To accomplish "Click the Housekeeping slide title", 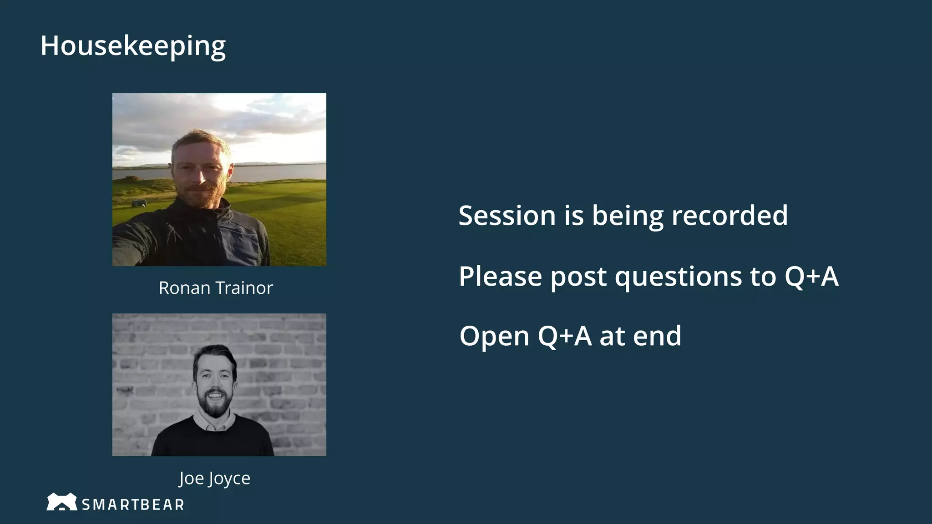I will tap(133, 46).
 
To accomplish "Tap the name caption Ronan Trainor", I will tap(216, 288).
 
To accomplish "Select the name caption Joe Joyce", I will tap(214, 478).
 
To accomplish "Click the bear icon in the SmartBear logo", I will tap(61, 502).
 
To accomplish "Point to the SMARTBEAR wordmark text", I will tap(133, 504).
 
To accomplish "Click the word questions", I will tap(679, 277).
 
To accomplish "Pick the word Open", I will tap(494, 336).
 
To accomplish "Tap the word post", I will tap(578, 277).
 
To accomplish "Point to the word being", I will tap(628, 216).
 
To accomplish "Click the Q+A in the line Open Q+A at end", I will tap(565, 336).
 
